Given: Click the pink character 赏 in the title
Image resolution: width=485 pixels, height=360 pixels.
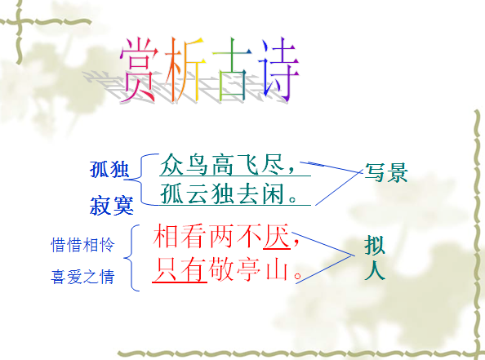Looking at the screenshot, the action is tap(138, 69).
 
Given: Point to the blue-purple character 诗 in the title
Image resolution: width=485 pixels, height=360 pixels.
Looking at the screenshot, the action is tap(279, 69).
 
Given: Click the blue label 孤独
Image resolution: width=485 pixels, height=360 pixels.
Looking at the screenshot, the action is tap(109, 170).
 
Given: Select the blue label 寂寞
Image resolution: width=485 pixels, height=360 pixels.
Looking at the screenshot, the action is tap(111, 206).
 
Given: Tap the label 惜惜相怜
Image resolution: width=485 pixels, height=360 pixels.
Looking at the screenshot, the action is tap(82, 245).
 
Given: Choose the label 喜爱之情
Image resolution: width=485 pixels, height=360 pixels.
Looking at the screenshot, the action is tap(82, 277).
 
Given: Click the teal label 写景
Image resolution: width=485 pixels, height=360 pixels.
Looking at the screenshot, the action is tap(386, 172).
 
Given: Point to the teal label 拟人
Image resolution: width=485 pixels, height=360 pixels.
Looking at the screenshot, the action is tap(375, 258).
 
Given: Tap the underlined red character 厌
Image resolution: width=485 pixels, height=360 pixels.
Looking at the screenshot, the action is tap(277, 236).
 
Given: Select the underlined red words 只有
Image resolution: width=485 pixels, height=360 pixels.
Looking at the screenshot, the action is tap(180, 269).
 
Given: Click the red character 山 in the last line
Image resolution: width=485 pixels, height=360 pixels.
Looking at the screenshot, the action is tap(277, 269).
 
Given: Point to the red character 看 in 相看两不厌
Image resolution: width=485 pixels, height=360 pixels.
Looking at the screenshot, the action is tap(194, 236).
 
